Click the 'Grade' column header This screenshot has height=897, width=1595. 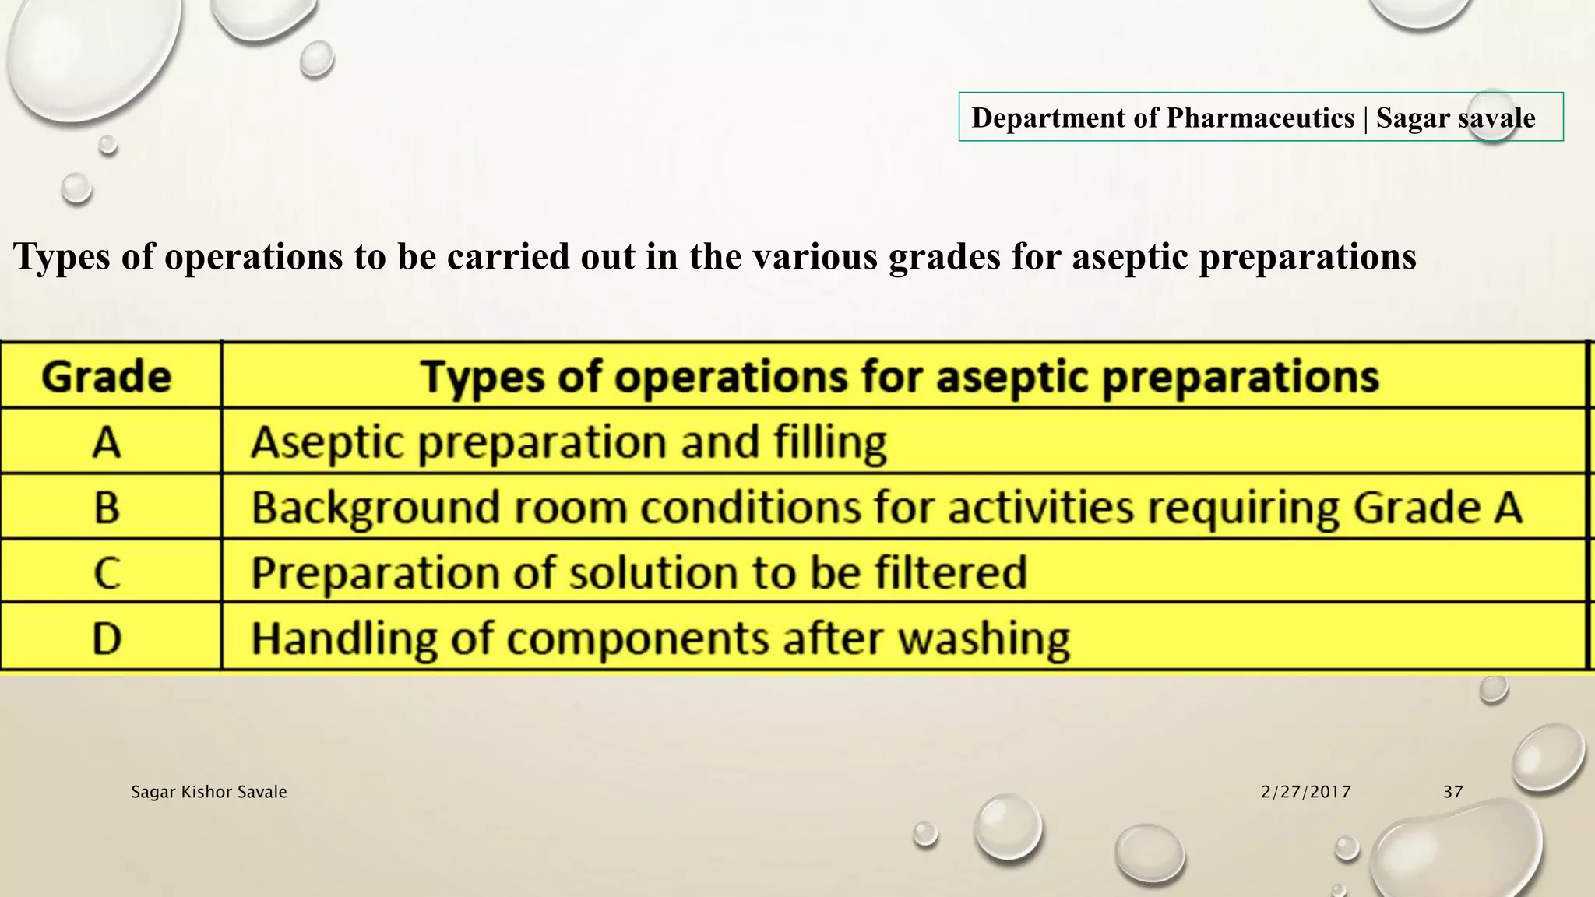[x=106, y=377]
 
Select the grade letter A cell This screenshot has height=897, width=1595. [x=107, y=442]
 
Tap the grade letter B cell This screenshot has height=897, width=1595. [x=107, y=508]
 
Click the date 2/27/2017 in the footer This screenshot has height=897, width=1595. [x=1306, y=792]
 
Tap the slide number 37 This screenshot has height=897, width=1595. [x=1452, y=792]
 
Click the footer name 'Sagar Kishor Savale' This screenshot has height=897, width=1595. [x=209, y=792]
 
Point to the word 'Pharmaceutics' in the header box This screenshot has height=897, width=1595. [x=1260, y=118]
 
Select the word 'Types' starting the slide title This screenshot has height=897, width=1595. [x=62, y=257]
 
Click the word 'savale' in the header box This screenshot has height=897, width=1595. [x=1496, y=118]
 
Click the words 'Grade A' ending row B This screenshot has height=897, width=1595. [x=1438, y=508]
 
